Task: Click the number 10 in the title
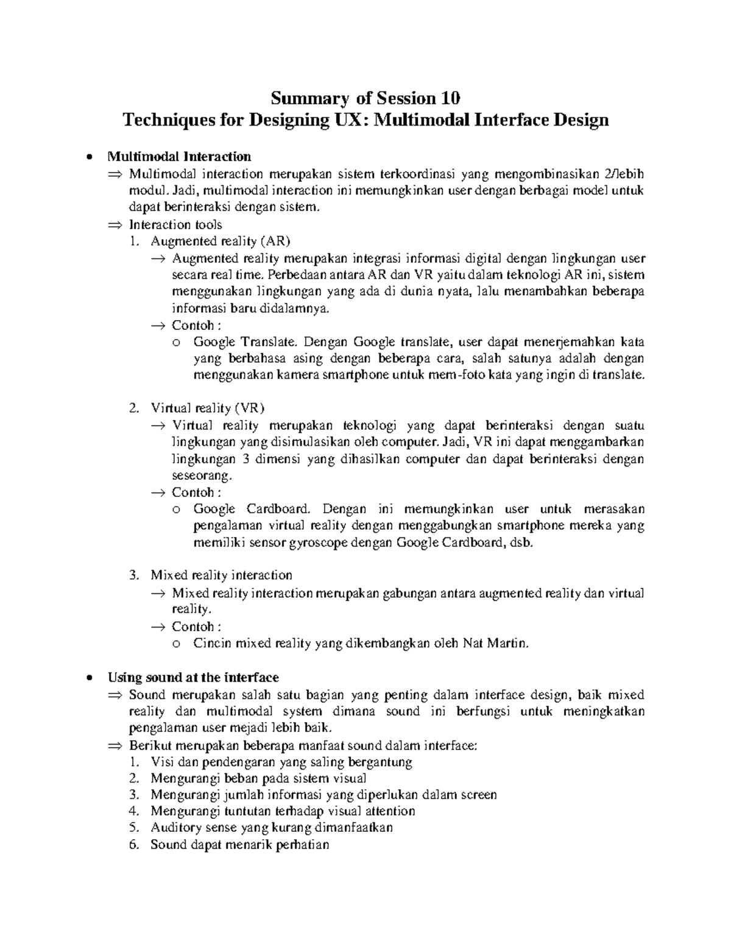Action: (x=450, y=98)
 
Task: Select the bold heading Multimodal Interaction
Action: (x=179, y=157)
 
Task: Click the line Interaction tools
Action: (x=175, y=224)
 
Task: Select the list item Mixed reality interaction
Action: (x=221, y=575)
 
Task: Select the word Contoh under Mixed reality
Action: (x=192, y=626)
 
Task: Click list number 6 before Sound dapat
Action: (x=135, y=845)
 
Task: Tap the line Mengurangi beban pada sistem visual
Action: (x=258, y=779)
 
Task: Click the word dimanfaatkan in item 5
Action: (x=353, y=827)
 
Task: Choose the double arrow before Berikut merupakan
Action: (x=115, y=746)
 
